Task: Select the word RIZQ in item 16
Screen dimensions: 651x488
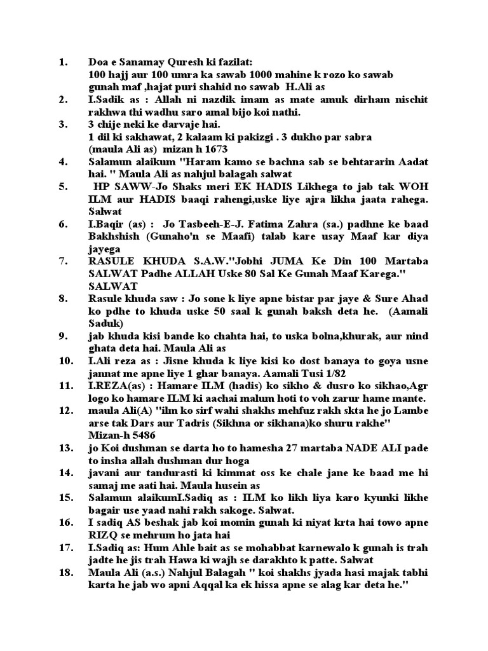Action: (x=102, y=534)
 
